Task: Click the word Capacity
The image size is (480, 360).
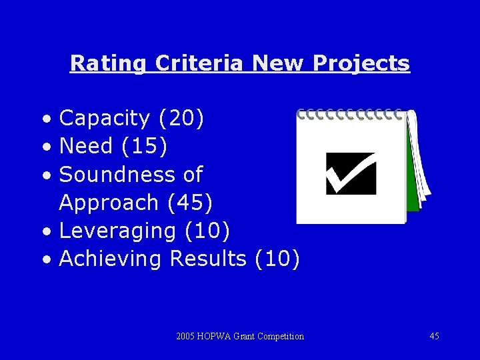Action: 105,119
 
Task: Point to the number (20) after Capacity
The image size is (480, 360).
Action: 181,119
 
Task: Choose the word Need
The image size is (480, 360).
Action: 86,147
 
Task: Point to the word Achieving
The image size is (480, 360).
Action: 111,259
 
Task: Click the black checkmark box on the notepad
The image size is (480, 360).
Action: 351,173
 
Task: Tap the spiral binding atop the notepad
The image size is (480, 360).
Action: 351,115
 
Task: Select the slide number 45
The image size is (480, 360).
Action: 434,336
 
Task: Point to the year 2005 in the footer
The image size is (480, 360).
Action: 185,336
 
